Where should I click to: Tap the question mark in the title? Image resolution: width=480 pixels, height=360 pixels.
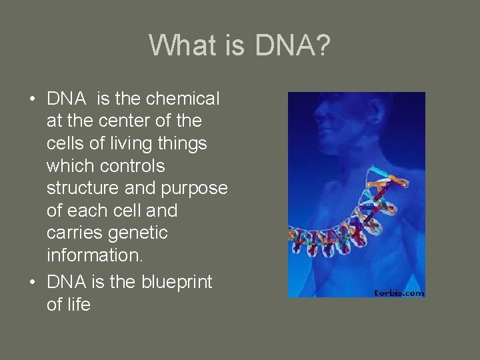click(321, 45)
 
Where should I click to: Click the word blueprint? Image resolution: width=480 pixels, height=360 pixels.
click(176, 282)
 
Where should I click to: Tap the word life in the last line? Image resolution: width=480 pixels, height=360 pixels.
click(78, 305)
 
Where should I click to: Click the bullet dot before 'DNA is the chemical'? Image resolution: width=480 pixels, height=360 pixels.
click(32, 99)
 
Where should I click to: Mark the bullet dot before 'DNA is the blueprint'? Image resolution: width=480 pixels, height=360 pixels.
click(32, 283)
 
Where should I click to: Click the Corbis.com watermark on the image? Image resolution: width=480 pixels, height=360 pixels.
click(398, 291)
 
